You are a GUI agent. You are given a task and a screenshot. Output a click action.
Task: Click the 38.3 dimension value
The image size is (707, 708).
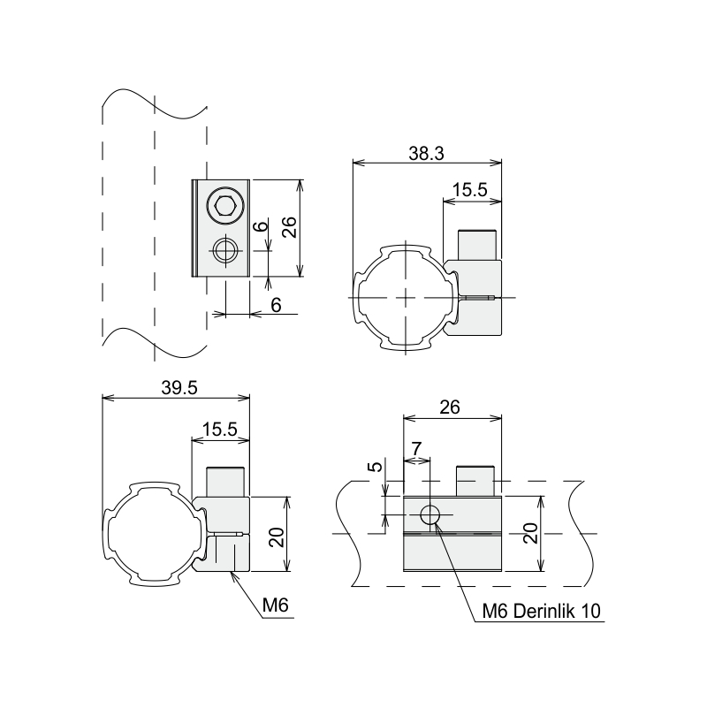(426, 154)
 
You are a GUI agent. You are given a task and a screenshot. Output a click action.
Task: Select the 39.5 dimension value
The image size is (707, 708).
(179, 388)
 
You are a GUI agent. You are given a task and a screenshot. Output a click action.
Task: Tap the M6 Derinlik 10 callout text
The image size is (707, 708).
(542, 612)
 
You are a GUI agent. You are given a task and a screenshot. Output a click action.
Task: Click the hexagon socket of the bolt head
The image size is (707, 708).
(224, 206)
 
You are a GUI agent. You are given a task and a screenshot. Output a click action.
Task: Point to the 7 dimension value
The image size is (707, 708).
(416, 449)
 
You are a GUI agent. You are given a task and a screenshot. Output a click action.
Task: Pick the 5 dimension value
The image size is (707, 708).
(376, 467)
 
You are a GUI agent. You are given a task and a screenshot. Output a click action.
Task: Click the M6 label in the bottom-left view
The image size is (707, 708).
(275, 605)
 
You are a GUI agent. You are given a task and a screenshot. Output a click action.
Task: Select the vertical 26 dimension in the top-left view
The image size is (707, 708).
(289, 227)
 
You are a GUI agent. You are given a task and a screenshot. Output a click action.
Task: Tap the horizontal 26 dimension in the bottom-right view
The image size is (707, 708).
(450, 407)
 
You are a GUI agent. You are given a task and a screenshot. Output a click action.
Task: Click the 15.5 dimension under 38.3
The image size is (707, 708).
(470, 191)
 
